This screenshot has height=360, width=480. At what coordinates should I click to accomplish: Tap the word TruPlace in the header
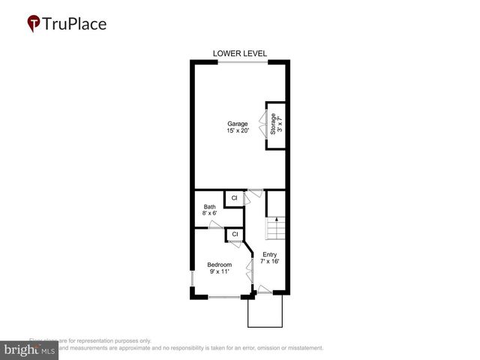pos(75,24)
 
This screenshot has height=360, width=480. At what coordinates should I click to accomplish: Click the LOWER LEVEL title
pos(240,53)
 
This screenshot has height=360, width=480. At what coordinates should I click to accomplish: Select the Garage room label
pos(238,124)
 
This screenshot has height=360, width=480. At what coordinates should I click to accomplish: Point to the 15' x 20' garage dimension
pos(238,131)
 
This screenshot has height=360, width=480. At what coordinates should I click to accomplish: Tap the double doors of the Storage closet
pos(262,124)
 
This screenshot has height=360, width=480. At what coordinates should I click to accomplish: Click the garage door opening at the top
pos(241,62)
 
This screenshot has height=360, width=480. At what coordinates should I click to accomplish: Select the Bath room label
pos(209,207)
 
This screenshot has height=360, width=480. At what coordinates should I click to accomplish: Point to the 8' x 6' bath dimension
pos(209,214)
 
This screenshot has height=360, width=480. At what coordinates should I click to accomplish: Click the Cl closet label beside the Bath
pos(234,198)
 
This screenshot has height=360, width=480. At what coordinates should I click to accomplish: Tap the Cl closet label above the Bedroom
pos(234,234)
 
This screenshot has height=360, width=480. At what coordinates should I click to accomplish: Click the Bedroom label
pos(219,265)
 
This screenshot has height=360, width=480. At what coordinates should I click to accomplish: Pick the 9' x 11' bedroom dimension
pos(219,271)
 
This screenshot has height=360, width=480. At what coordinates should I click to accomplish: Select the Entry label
pos(269,255)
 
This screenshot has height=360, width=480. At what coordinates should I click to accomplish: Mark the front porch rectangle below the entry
pos(265,310)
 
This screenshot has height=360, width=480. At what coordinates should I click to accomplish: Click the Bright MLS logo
pos(29,349)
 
